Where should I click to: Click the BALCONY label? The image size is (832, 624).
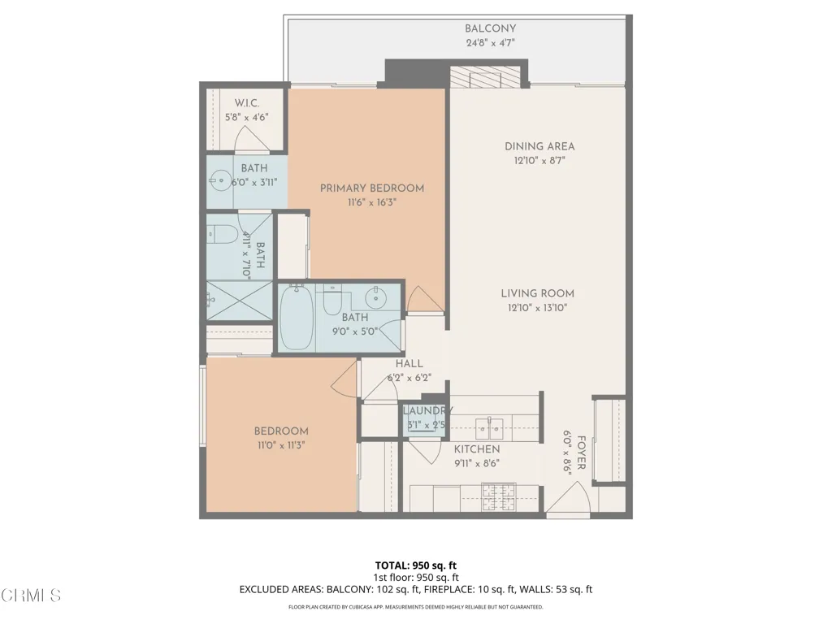tap(490, 28)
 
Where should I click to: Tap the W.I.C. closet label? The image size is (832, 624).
tap(247, 103)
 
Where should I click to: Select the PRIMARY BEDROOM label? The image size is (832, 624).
tap(372, 188)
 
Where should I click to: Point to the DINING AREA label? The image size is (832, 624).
tap(539, 146)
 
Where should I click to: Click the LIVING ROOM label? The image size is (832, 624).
tap(538, 293)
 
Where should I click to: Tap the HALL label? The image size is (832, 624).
tap(409, 363)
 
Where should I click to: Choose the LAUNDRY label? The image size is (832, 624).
tap(427, 410)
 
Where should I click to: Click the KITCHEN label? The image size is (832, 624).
tap(477, 449)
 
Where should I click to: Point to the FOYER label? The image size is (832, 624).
tap(582, 453)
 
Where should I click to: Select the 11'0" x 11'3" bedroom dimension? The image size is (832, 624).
tap(281, 445)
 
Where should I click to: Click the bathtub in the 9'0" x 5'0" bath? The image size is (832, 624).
tap(296, 318)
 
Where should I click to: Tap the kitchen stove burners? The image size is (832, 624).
tap(498, 497)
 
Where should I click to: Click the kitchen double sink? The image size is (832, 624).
tap(489, 427)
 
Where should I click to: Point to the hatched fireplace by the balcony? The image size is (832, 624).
tap(484, 77)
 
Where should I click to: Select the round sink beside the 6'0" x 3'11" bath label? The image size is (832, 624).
tap(220, 180)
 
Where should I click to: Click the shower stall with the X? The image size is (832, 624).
tap(240, 301)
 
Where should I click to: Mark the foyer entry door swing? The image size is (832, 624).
tap(568, 498)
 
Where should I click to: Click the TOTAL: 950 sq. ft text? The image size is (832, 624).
tap(416, 565)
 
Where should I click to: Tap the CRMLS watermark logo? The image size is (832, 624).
tap(31, 595)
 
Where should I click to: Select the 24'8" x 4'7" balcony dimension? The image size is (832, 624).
tap(490, 43)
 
